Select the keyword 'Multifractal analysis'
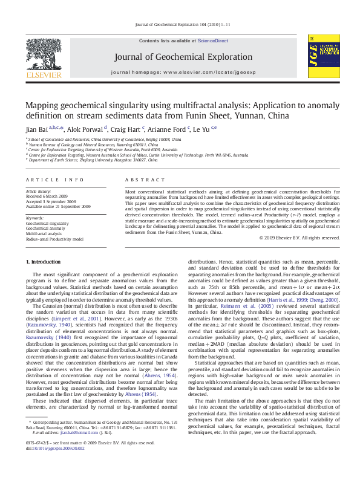click(x=45, y=233)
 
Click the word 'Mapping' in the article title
click(x=44, y=105)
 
